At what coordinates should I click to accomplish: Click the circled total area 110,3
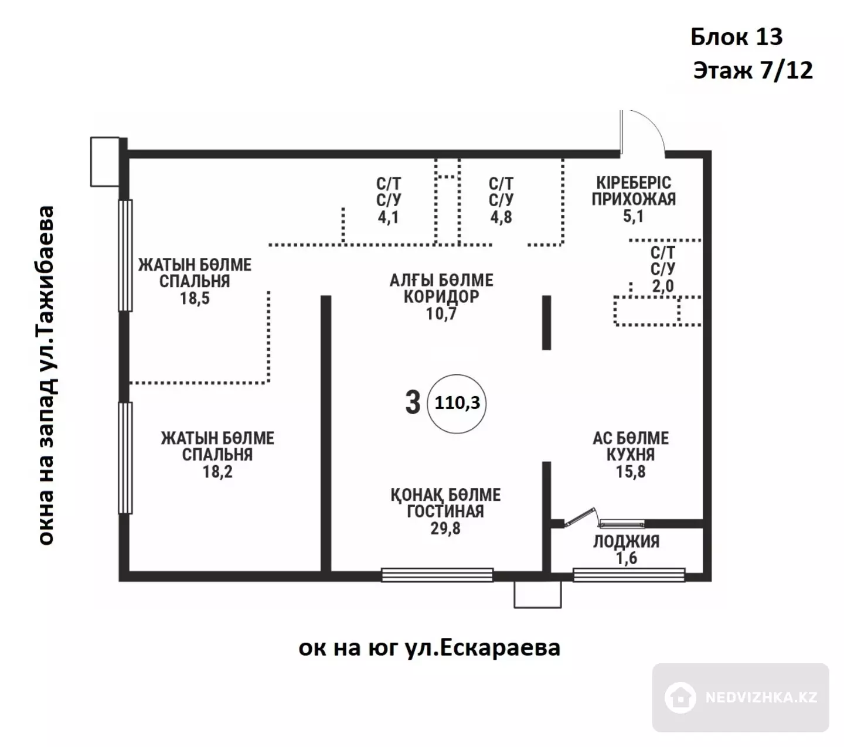tap(457, 403)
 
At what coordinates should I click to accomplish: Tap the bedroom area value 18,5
tap(195, 298)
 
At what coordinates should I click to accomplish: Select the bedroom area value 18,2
tap(217, 472)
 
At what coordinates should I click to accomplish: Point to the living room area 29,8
tap(445, 528)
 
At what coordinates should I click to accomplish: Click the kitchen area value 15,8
tap(631, 472)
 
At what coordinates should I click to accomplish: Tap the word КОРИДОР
tap(441, 296)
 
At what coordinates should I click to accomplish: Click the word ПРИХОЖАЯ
tap(634, 199)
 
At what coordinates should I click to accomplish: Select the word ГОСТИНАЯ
tap(445, 511)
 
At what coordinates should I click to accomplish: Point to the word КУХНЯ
tap(631, 455)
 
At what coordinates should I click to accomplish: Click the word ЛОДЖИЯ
tap(627, 541)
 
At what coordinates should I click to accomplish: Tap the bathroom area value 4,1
tap(388, 217)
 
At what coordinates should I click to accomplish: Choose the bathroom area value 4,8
tap(501, 217)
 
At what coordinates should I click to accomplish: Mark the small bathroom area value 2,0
tap(663, 286)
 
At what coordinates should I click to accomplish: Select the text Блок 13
tap(737, 37)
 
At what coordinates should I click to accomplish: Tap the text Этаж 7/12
tap(753, 70)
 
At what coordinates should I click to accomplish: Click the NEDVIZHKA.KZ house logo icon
tap(680, 697)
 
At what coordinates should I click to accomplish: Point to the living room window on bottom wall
tap(437, 575)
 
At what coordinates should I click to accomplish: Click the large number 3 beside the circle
tap(413, 403)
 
